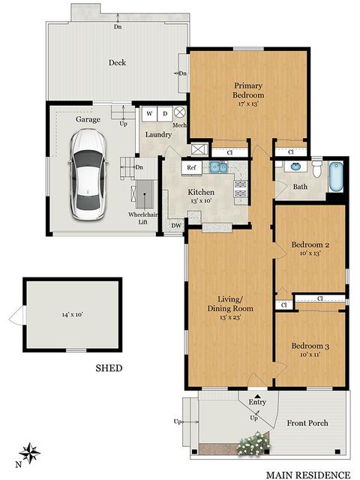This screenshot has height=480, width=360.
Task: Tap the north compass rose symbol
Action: (31, 452)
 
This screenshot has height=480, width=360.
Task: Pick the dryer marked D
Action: (165, 114)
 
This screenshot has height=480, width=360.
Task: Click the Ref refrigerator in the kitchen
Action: (191, 168)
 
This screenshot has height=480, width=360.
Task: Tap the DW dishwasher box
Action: (175, 224)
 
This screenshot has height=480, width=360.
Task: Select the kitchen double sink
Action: (218, 166)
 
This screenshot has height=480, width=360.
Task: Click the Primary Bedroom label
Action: (248, 90)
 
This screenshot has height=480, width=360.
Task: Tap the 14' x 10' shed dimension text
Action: (72, 315)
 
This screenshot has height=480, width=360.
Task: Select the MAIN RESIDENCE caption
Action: (308, 474)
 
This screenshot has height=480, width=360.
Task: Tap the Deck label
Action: (116, 63)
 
